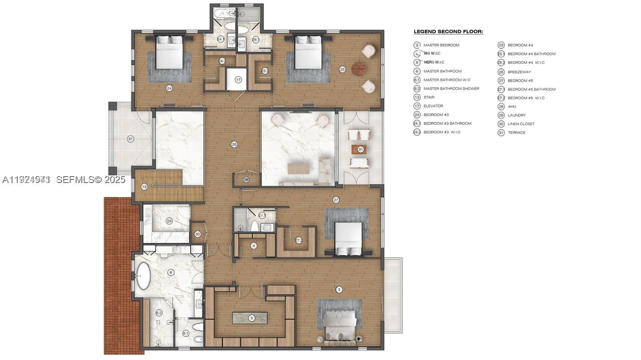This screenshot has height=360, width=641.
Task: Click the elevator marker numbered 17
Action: point(238,80)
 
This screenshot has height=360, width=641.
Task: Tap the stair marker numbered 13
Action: point(144,187)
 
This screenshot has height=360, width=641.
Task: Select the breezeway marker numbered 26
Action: point(234,144)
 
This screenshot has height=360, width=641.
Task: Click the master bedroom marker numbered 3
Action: point(339,290)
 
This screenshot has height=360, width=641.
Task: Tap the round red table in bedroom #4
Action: point(359,69)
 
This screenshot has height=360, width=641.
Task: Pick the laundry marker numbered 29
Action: point(169,221)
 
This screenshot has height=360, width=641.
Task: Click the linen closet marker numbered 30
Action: point(198,234)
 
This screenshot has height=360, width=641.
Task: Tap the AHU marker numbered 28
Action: point(246,180)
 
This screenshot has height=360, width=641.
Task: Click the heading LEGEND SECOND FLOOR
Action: point(448,32)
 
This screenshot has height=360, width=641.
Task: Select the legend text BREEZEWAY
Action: point(519,72)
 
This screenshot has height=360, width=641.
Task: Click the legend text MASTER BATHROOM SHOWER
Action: point(451,88)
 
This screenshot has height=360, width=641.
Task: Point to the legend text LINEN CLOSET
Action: point(521,124)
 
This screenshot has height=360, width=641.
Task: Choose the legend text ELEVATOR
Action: point(433,106)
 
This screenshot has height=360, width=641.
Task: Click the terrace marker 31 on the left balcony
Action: point(130,139)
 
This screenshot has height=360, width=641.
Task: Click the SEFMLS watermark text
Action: point(91,180)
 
